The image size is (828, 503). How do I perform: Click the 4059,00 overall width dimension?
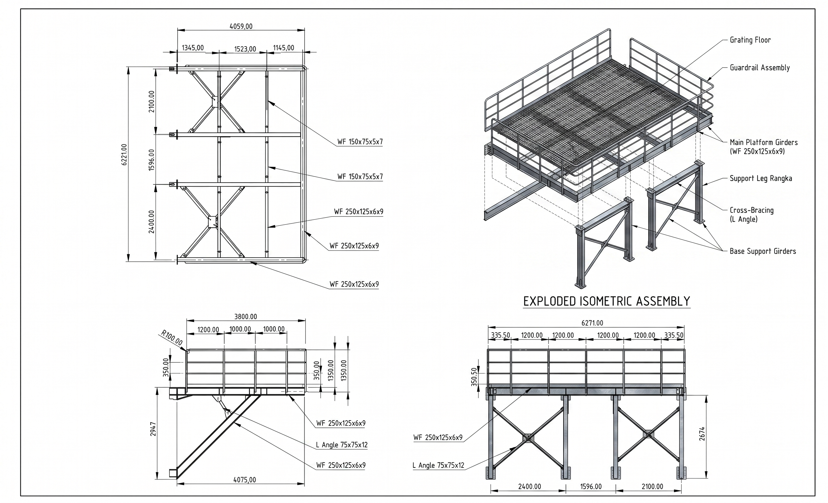coord(241,26)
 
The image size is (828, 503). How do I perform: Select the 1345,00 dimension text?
coord(193,48)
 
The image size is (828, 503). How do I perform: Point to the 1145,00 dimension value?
coord(283,48)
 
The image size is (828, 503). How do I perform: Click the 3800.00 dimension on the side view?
coord(246,317)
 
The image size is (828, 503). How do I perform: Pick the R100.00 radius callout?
coord(172,338)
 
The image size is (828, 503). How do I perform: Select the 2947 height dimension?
coord(153,429)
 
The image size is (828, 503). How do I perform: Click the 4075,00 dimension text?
coord(245,480)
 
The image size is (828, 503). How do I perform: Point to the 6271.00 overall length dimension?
coord(592,323)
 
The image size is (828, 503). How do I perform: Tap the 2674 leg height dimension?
coord(702,434)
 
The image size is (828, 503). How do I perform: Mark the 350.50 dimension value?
coord(474,377)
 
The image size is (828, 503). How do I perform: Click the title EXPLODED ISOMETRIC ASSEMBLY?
coord(607,301)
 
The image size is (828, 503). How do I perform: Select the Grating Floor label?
coord(750,40)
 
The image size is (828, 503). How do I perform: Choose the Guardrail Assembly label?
coord(759,68)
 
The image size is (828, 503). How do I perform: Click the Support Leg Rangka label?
coord(761,179)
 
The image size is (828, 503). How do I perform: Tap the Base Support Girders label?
coord(763,251)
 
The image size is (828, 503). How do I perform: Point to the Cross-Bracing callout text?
coord(751,215)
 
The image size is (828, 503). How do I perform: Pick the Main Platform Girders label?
coord(764,147)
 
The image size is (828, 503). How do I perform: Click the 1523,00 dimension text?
coord(245,49)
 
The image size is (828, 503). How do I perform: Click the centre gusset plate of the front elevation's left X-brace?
coord(527,438)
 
